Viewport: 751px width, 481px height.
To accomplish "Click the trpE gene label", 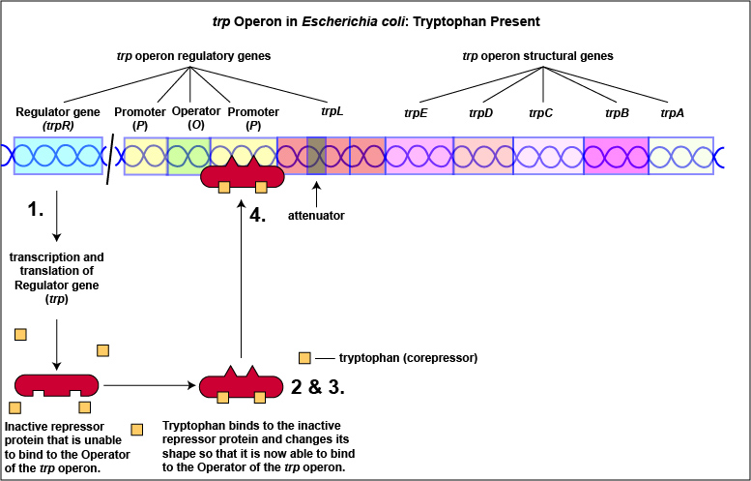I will (x=416, y=113).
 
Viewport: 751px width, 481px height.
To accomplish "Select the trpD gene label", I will (x=480, y=113).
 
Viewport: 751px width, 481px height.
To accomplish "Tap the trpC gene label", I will (x=540, y=113).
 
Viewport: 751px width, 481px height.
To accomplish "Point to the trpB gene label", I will (x=618, y=113).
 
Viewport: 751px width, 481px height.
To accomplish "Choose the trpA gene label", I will (x=673, y=113).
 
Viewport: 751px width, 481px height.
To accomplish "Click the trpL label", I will (x=332, y=111).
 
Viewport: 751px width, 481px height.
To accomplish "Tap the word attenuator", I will (x=316, y=215).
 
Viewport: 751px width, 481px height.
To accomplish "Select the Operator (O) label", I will (x=189, y=118).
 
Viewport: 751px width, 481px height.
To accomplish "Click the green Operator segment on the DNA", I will (x=188, y=156).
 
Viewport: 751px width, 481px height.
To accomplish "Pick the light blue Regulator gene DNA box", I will (x=59, y=156).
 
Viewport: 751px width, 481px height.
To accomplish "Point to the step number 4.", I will (x=257, y=215).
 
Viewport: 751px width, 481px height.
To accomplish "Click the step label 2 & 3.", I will (x=318, y=387).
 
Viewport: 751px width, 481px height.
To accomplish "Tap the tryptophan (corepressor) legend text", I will (x=410, y=357).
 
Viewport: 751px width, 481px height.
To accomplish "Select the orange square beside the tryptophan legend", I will (x=305, y=357).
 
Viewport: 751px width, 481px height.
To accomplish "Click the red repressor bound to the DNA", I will (x=242, y=177).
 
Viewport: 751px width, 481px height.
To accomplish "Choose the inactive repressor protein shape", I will (x=57, y=386).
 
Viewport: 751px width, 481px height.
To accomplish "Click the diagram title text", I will (x=375, y=21).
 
